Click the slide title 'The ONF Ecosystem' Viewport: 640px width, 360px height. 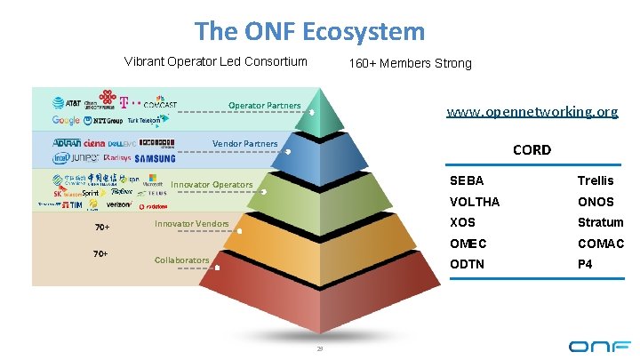coord(310,32)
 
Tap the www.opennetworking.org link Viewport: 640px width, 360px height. coord(532,112)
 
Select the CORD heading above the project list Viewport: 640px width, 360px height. coord(532,149)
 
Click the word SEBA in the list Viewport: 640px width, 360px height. coord(468,180)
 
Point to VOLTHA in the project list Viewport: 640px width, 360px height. coord(475,202)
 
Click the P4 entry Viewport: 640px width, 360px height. coord(585,264)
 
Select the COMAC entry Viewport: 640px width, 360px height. coord(601,244)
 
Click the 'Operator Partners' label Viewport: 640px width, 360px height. coord(265,106)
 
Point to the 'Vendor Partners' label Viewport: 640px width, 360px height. coord(245,144)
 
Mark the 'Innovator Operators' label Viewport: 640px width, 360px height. coord(212,185)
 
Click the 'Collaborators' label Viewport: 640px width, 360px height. coord(182,260)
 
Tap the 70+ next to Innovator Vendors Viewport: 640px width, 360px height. coord(102,228)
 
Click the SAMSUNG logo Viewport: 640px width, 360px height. coord(156,158)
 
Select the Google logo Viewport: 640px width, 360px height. coord(66,120)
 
